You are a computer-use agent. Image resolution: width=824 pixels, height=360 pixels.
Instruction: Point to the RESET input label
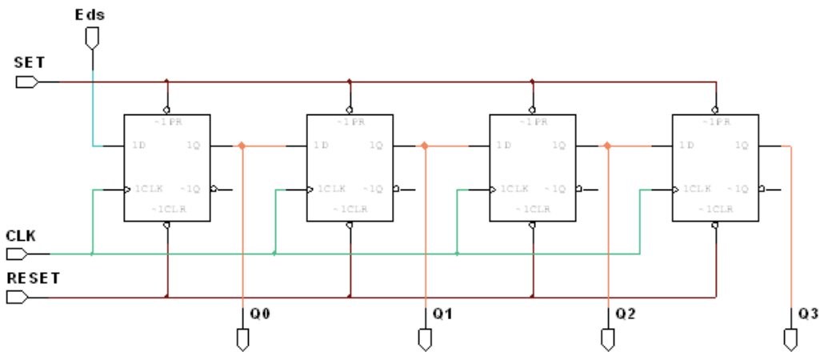coord(33,278)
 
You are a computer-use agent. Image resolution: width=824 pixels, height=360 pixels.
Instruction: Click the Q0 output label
coord(260,314)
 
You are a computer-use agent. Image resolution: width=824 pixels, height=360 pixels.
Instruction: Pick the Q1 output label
coord(443,314)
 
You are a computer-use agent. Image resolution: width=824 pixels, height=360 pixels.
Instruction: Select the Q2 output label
coord(626,314)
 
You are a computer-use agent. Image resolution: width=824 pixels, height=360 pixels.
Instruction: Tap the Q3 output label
coord(808,314)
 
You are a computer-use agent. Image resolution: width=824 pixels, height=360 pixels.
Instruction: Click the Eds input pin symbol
coord(93,37)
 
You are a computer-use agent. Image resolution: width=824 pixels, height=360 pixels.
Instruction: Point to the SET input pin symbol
coord(26,82)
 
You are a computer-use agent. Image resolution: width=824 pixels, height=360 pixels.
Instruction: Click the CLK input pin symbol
coord(17,254)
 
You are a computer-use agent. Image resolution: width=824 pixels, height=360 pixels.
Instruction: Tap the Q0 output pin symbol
coord(242,339)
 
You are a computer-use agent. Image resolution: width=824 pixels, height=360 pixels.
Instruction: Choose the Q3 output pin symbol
coord(790,339)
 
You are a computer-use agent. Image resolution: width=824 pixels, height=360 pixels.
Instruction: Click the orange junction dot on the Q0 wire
coord(242,146)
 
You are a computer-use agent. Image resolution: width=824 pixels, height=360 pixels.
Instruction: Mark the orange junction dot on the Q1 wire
coord(425,146)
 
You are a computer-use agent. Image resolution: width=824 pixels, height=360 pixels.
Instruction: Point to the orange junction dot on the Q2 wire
coord(607,146)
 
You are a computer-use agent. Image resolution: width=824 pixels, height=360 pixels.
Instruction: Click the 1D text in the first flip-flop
coord(138,146)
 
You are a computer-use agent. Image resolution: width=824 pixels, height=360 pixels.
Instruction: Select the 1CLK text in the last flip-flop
coord(697,190)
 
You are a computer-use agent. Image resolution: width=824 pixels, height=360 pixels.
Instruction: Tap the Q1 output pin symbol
coord(425,339)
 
